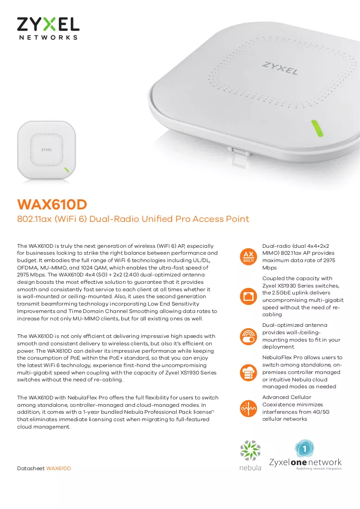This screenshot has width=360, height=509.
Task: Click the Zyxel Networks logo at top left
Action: point(48,29)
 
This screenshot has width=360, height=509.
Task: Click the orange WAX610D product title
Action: point(52,204)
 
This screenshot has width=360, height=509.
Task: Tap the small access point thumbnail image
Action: point(46,150)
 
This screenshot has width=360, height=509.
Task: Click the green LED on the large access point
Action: point(317,128)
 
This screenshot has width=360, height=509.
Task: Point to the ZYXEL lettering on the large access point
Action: point(280,68)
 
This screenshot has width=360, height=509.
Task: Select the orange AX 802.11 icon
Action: point(248,257)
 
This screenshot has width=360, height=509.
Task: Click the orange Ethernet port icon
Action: point(248,296)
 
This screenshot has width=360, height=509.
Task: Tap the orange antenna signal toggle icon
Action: point(248,336)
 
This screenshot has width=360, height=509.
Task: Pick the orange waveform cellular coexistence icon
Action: point(248,408)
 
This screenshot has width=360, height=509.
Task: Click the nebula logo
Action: point(250,455)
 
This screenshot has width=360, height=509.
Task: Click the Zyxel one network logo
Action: point(305,455)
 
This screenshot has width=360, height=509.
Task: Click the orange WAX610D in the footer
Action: point(58,468)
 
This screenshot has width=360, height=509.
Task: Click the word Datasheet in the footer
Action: point(31,468)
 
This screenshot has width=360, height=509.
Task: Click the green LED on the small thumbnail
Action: point(67,170)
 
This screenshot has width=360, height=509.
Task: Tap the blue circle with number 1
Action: point(304,448)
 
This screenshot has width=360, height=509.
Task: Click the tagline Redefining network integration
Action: point(319,468)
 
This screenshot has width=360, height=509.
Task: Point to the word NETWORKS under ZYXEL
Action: point(48,37)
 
